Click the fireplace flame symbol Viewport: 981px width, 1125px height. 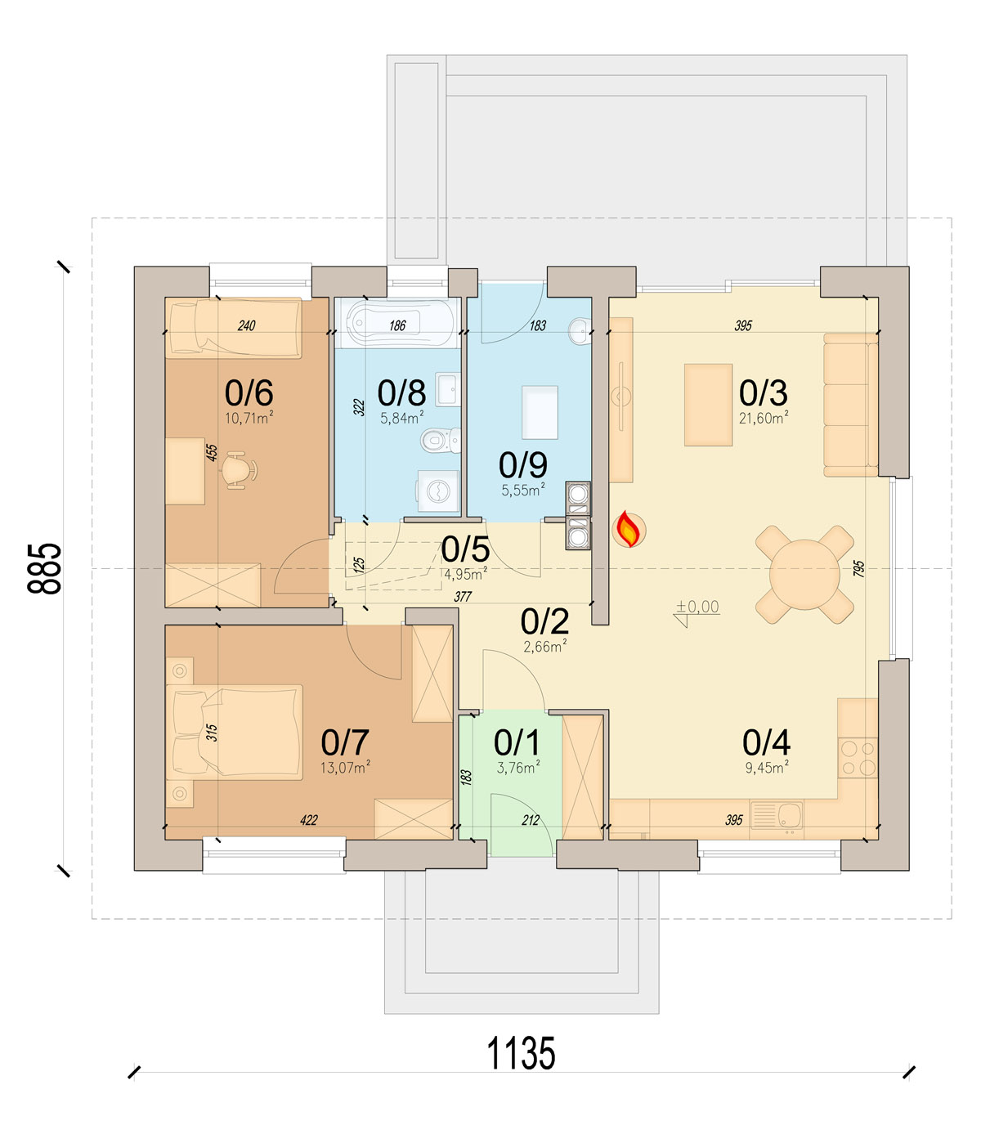(x=629, y=529)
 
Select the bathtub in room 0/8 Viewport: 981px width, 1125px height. (x=397, y=323)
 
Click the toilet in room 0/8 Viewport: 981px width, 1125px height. (x=440, y=440)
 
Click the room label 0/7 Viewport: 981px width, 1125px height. (x=345, y=742)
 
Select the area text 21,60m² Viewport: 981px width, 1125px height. (x=764, y=419)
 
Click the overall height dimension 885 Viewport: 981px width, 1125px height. (x=44, y=568)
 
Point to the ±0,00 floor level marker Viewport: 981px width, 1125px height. (x=697, y=607)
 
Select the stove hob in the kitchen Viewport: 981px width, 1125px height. (x=858, y=758)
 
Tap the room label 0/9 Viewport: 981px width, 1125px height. (x=522, y=464)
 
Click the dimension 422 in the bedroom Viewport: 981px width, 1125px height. (x=308, y=820)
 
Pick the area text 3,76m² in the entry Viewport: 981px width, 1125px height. (x=518, y=767)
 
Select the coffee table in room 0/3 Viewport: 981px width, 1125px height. (x=708, y=405)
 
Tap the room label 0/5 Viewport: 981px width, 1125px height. (x=465, y=549)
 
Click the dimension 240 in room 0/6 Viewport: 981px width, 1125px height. (x=246, y=325)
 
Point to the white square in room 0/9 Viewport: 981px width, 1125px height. (x=540, y=412)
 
